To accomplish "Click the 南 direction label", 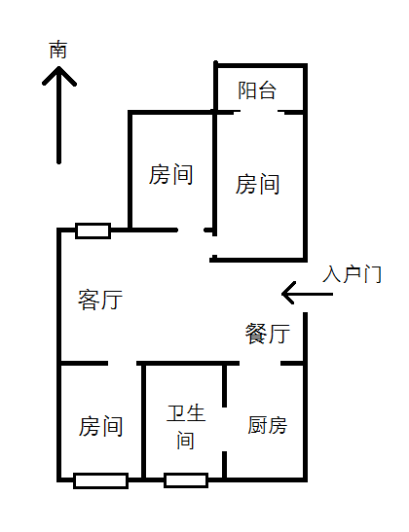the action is [x=58, y=50].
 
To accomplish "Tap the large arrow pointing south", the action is [x=59, y=115].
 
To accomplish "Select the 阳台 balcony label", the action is [x=257, y=90].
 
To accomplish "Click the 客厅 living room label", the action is [x=100, y=300].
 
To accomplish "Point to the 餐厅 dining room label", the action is [x=268, y=334].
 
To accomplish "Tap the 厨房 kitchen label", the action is [x=268, y=425].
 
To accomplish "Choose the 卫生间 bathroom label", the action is [x=186, y=427].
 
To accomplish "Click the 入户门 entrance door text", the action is [x=353, y=274].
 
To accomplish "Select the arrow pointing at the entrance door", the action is [x=307, y=294].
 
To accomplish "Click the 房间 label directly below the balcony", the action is [x=257, y=184].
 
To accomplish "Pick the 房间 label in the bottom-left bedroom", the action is [x=100, y=426].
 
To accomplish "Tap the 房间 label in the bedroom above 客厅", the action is [x=170, y=174].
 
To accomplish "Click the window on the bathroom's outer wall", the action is [x=186, y=480].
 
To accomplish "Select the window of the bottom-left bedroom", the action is [x=100, y=480].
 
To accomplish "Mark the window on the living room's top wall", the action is [x=93, y=231].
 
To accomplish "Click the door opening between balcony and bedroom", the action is [x=259, y=112].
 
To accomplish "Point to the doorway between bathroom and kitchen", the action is [x=224, y=429].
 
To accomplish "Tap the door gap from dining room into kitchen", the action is [x=260, y=364].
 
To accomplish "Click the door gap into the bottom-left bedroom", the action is [x=123, y=364].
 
